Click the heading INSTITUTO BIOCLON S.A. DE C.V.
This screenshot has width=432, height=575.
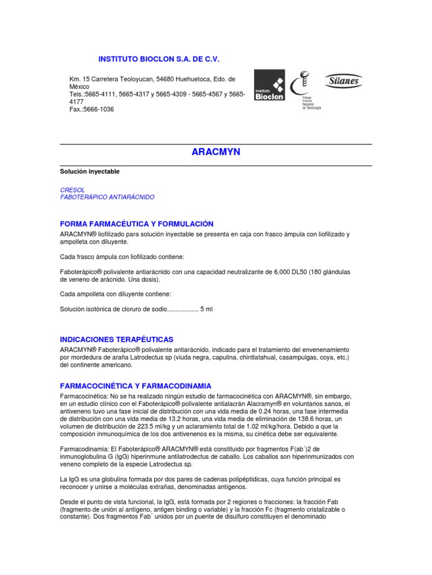(159, 59)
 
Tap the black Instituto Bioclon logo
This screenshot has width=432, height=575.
(270, 85)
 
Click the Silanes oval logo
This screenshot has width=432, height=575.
(344, 81)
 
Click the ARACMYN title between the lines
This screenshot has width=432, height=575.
(216, 152)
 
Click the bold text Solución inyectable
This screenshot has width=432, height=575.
(90, 171)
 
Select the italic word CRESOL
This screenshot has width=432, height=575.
(73, 190)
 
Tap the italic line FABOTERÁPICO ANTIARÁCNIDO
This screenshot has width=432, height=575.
(107, 198)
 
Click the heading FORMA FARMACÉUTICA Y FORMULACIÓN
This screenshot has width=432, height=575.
(137, 223)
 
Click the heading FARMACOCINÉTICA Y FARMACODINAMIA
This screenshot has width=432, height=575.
(136, 386)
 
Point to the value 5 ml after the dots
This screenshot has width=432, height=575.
(208, 309)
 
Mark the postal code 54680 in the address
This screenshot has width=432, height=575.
(166, 80)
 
